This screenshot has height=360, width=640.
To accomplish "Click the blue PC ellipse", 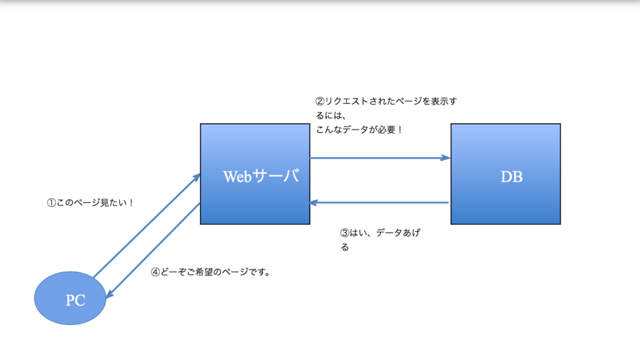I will (x=69, y=298).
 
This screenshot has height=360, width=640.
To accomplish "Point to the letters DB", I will (x=511, y=177).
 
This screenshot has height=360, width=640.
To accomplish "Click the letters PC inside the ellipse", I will (x=75, y=301).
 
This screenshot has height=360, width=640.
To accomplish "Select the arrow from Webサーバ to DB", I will (x=379, y=158).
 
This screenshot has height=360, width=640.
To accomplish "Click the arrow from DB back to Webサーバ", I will (x=379, y=202).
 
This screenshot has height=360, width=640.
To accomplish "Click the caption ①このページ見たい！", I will (x=91, y=202).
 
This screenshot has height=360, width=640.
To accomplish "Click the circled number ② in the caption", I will (x=320, y=101).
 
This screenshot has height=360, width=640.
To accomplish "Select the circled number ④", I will (x=156, y=272).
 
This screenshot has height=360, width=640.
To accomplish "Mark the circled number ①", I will (x=51, y=202).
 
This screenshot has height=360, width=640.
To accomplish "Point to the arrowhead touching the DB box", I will (x=446, y=158).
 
